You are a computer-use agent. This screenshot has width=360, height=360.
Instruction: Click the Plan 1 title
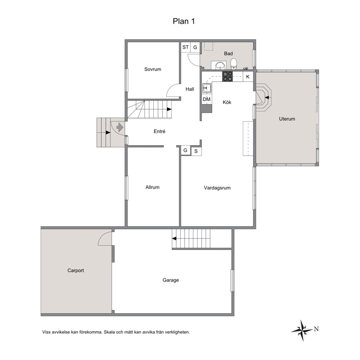click(x=184, y=21)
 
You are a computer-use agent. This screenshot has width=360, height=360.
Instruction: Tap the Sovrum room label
click(x=153, y=69)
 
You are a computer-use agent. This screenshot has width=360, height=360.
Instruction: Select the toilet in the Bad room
click(x=233, y=64)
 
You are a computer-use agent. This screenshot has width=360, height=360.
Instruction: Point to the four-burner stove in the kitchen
click(x=227, y=77)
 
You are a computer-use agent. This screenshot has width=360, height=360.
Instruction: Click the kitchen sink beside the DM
click(x=206, y=88)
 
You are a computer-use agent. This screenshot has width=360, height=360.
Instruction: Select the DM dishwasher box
click(x=206, y=99)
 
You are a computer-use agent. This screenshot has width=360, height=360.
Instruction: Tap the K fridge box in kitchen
click(x=248, y=77)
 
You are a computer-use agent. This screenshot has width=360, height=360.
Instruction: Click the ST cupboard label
click(x=185, y=47)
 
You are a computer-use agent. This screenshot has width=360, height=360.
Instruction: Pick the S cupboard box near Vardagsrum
click(x=196, y=151)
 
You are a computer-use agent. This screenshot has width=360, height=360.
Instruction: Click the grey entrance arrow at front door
click(x=120, y=127)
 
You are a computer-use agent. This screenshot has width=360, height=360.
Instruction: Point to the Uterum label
click(x=287, y=119)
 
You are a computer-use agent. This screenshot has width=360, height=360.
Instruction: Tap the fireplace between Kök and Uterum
click(x=264, y=97)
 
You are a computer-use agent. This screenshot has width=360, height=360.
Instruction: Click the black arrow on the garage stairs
click(x=174, y=239)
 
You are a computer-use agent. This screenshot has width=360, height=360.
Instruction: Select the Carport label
click(x=75, y=270)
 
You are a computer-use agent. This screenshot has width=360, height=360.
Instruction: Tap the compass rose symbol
click(x=302, y=330)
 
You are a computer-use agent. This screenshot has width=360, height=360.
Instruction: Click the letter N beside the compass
click(x=316, y=329)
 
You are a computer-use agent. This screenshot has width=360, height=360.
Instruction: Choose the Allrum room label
click(x=152, y=187)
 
